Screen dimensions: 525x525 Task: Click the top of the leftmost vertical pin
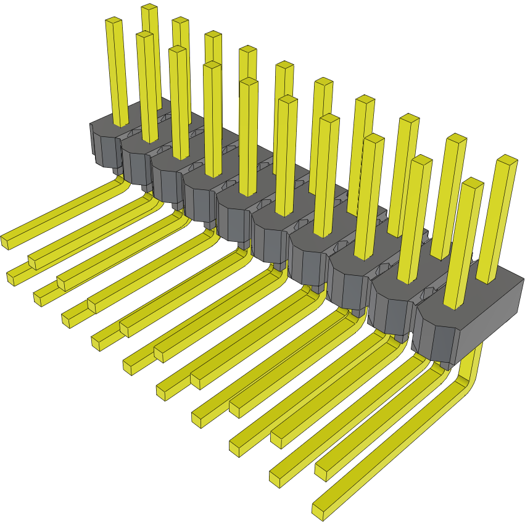(114, 22)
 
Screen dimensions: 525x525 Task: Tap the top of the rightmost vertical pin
(506, 161)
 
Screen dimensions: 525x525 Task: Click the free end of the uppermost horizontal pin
(5, 242)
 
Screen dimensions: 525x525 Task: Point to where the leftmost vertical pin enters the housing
(121, 123)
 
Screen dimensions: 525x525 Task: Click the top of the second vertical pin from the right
(472, 184)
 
